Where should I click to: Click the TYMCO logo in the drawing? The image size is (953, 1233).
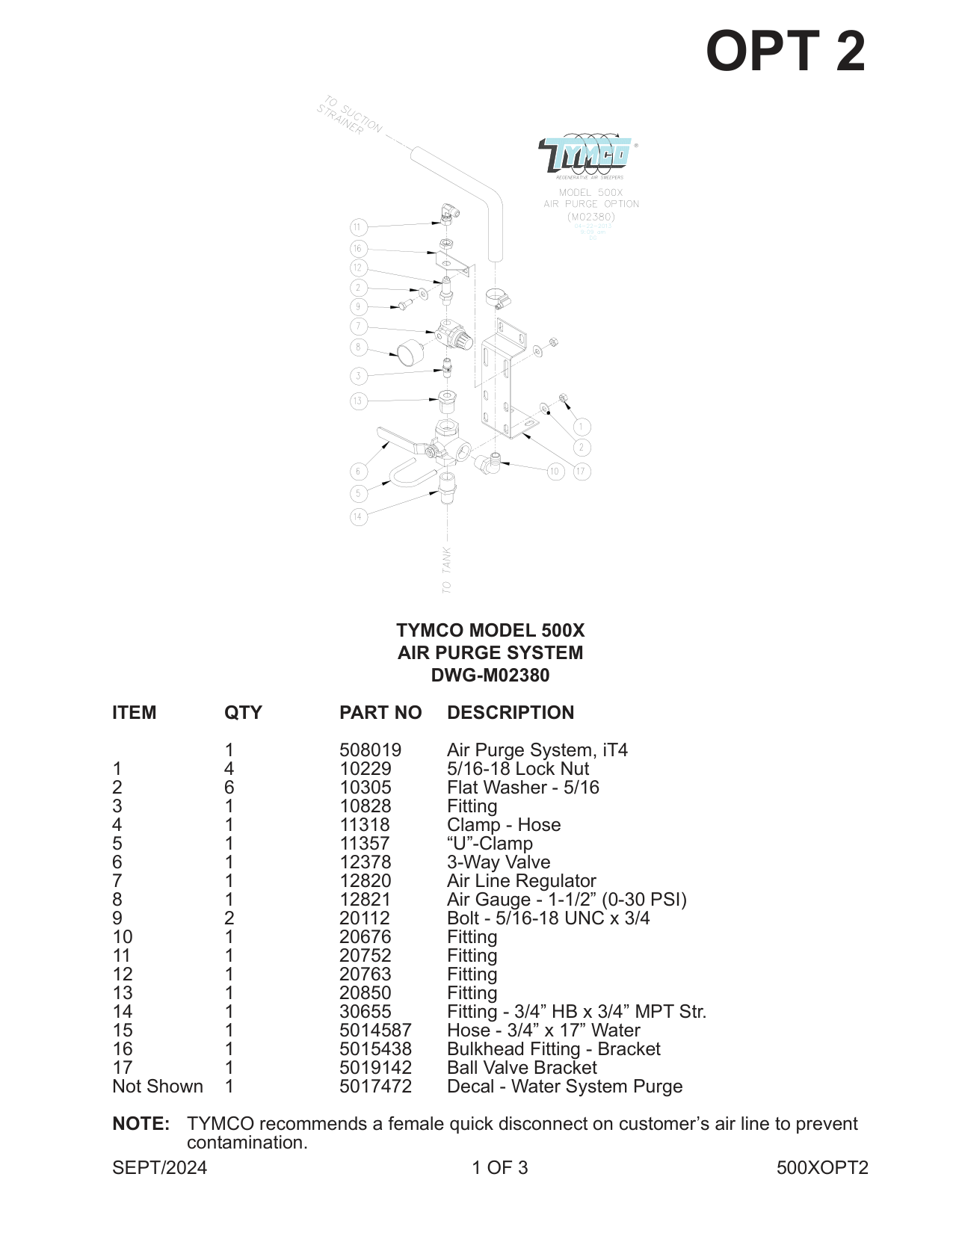(587, 155)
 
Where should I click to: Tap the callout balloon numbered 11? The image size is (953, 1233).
(358, 227)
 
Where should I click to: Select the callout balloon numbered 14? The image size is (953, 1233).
(359, 516)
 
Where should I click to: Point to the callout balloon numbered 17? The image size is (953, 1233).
(582, 472)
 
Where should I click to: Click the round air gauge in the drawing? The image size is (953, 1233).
(410, 352)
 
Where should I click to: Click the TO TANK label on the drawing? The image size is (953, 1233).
(446, 569)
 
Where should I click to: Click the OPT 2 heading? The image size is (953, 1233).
(785, 52)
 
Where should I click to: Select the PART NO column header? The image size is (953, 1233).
(380, 713)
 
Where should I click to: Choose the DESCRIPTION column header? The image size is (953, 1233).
(511, 713)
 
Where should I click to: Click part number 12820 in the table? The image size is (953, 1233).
(365, 881)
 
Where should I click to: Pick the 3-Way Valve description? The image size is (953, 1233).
(499, 862)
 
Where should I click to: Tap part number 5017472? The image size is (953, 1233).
(375, 1087)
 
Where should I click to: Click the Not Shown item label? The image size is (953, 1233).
(158, 1087)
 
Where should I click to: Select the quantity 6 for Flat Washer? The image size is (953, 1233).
(229, 788)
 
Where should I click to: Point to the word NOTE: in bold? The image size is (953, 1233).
(141, 1124)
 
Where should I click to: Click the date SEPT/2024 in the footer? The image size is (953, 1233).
(159, 1168)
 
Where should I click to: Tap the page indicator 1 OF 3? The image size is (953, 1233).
(499, 1168)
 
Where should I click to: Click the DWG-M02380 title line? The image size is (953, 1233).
(490, 676)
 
